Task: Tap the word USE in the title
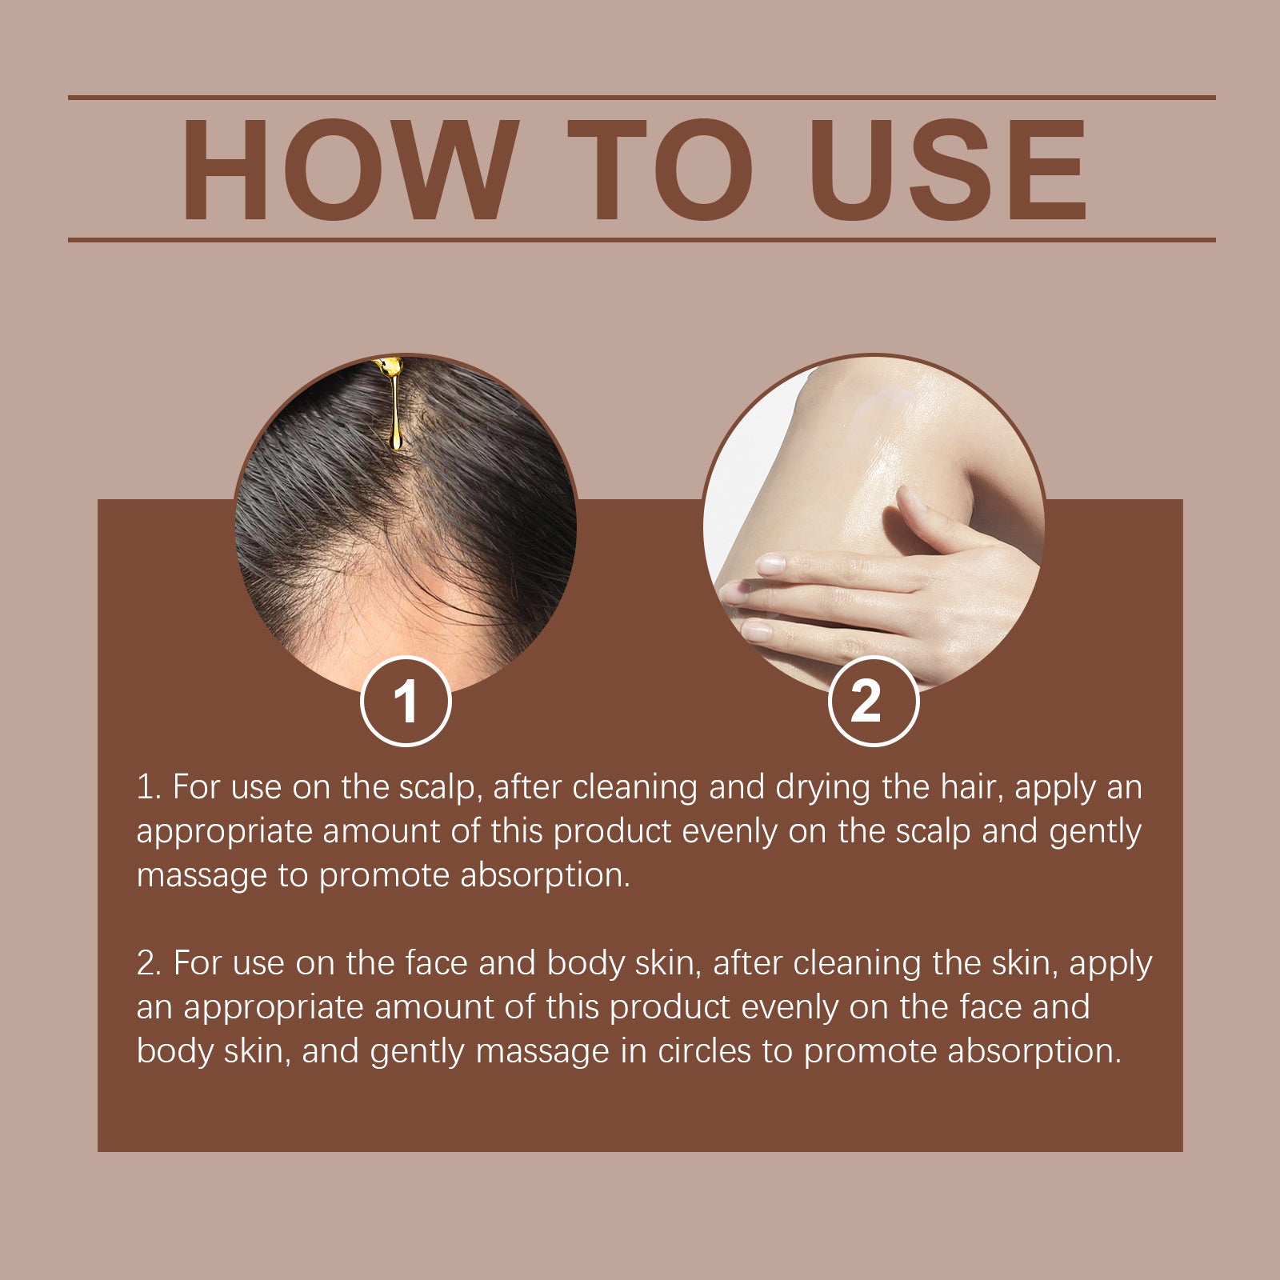(x=949, y=170)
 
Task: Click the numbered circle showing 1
(x=406, y=702)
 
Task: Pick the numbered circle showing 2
(x=873, y=702)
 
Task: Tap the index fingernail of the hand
(x=770, y=565)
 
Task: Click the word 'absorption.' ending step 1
(x=546, y=876)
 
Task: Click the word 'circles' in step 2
(x=704, y=1051)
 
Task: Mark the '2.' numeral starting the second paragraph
(x=150, y=963)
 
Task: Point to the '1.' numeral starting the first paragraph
(x=149, y=788)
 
